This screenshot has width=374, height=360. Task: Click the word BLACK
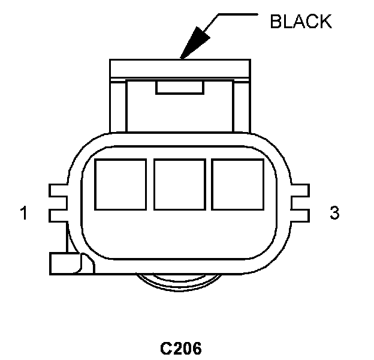(x=300, y=22)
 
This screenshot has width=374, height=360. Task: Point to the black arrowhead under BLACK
(x=195, y=43)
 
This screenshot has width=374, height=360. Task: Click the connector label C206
(x=181, y=347)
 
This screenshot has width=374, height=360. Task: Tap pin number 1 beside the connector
(x=24, y=212)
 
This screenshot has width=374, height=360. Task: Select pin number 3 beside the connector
(x=334, y=212)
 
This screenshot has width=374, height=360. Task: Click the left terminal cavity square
(x=120, y=184)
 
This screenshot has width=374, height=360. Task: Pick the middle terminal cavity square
(x=180, y=184)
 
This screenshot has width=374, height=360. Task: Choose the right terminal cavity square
(x=238, y=184)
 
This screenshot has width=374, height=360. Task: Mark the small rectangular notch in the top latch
(x=180, y=88)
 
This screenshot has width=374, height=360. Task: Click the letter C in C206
(x=166, y=347)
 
